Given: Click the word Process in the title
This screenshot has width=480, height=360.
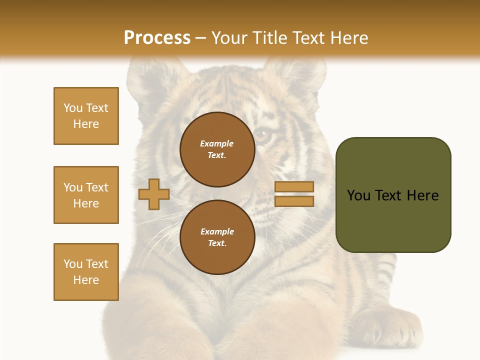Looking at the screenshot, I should pos(157,38).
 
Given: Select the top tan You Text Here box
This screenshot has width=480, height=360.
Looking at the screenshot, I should pos(86,116).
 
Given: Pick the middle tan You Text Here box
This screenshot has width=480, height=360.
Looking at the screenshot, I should pos(86,195).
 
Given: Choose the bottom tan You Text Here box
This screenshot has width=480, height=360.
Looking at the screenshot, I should pos(86,272).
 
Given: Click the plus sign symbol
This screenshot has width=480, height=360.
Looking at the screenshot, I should pos(154,194).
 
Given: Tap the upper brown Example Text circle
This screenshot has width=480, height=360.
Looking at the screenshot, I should pos(217,149).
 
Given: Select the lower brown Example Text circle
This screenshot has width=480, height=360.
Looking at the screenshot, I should pos(217,237).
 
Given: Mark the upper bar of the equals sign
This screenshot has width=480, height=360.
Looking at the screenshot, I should pos(294,187).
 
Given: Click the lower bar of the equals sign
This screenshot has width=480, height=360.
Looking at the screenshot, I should pos(294,201).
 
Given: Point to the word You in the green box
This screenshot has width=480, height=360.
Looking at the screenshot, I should pos(359,195).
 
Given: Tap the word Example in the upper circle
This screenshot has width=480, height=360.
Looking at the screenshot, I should pos(216,143).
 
